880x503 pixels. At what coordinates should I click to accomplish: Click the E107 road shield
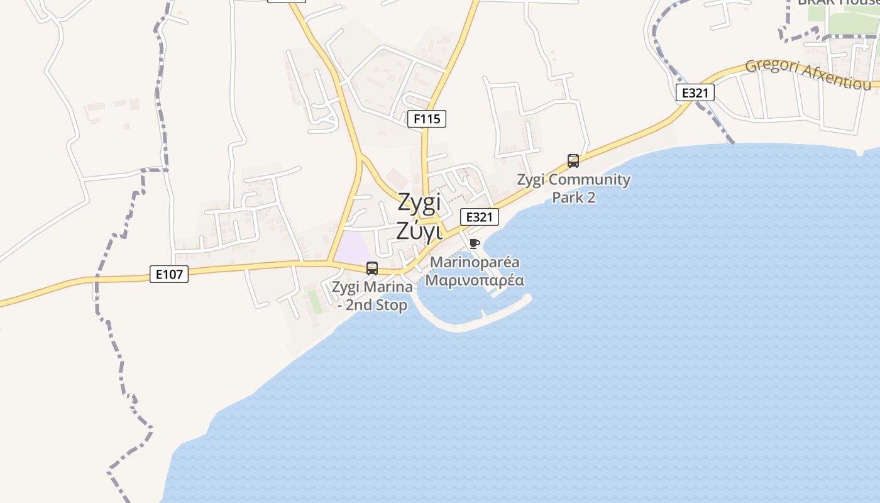point(169,274)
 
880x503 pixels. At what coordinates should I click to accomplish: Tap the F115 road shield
point(427,118)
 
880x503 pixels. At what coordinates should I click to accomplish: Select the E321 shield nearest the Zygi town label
point(480,217)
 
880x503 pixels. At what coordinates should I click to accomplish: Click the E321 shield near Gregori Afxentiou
point(695,93)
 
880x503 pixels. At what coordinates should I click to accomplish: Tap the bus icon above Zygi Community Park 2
point(573,161)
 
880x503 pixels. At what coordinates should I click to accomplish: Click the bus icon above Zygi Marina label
point(372,268)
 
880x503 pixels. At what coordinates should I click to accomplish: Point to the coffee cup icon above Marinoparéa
point(475,243)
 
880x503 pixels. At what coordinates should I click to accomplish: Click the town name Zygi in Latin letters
point(419,204)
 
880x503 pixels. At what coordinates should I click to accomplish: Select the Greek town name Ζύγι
point(419,231)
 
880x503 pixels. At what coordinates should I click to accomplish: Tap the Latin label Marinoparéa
point(475,262)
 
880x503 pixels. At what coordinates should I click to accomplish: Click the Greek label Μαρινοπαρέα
point(475,280)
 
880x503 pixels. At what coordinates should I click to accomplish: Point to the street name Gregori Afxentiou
point(808,74)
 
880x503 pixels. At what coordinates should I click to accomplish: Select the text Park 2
point(573,197)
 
